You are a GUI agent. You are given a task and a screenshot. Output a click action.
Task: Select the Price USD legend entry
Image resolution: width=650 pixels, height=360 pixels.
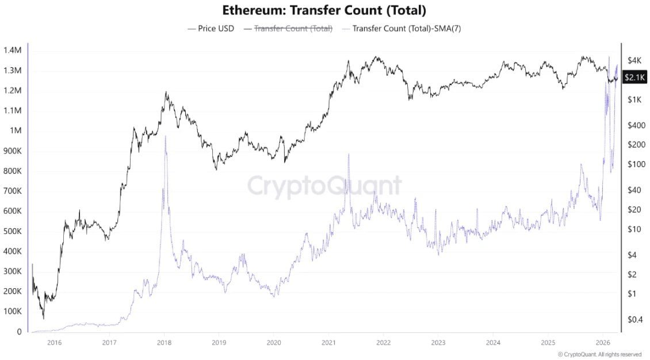[x=211, y=28]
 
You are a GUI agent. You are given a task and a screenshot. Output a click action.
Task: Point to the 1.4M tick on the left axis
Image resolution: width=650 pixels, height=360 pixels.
[x=12, y=51]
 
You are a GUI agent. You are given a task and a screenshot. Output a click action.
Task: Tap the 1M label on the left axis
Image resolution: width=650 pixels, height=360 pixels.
[x=16, y=131]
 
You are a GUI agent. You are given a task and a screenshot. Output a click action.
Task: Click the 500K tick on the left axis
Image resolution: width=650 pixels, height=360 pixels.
[x=12, y=232]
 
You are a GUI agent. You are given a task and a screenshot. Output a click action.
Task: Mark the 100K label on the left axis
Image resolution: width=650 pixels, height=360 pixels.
[x=12, y=312]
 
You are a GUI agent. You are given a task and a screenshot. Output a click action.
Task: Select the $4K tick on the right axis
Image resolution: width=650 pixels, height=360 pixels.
[x=634, y=60]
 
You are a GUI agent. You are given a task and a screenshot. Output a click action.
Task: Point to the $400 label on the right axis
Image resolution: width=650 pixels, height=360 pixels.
[x=635, y=125]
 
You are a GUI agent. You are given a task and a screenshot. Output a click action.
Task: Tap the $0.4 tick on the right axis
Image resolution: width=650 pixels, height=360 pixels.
[x=635, y=319]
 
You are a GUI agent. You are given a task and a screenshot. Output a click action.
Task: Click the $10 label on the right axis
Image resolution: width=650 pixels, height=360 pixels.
[x=633, y=229]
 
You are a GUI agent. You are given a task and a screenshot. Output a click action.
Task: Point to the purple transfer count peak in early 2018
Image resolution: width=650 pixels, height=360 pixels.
[x=165, y=136]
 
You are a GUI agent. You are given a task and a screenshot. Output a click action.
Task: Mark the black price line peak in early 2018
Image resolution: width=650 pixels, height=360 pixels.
[x=166, y=92]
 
